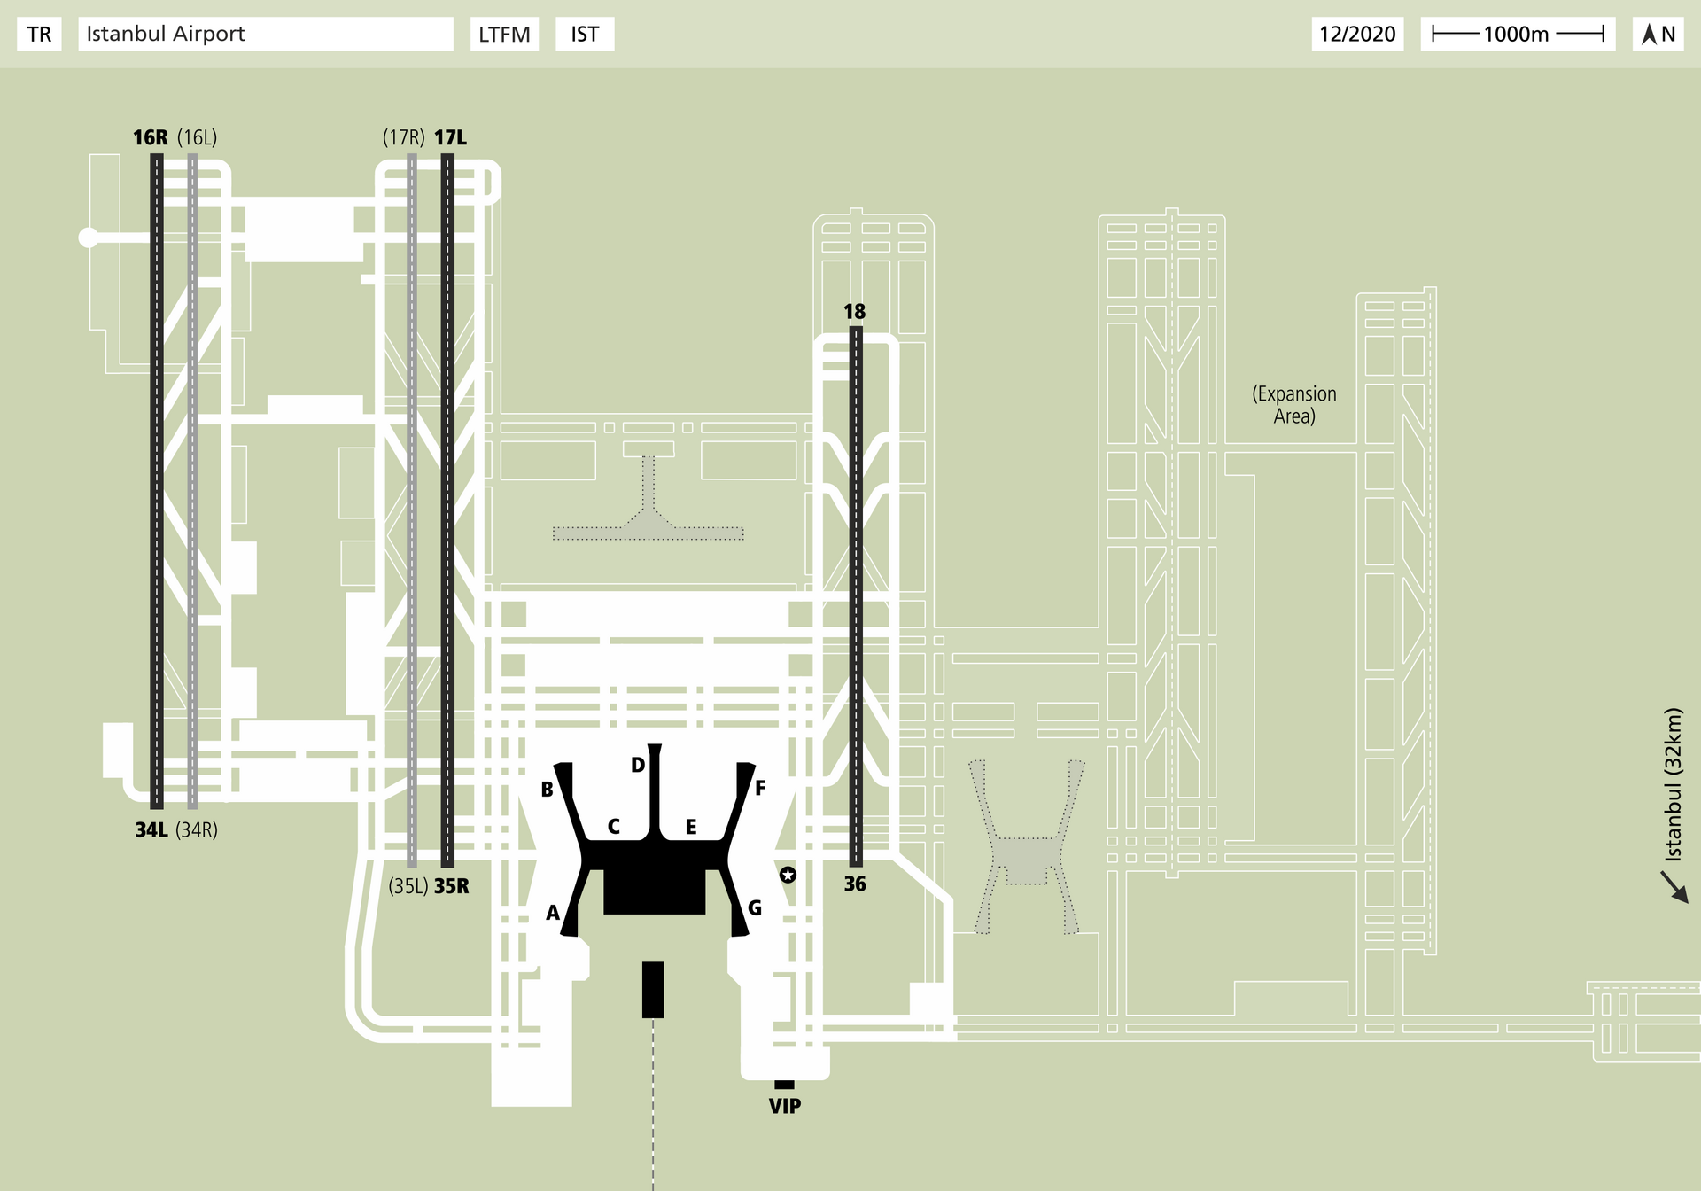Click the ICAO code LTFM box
504,35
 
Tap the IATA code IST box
585,35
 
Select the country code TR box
39,35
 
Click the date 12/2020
1357,35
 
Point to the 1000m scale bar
1518,35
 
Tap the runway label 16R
150,137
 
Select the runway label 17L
450,137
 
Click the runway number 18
854,311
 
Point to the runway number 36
855,884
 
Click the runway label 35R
452,886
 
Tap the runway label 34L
151,830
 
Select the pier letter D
638,765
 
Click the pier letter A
553,913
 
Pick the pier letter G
755,907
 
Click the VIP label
785,1106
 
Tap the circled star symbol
788,875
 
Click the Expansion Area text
1293,405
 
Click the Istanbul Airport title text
166,34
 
